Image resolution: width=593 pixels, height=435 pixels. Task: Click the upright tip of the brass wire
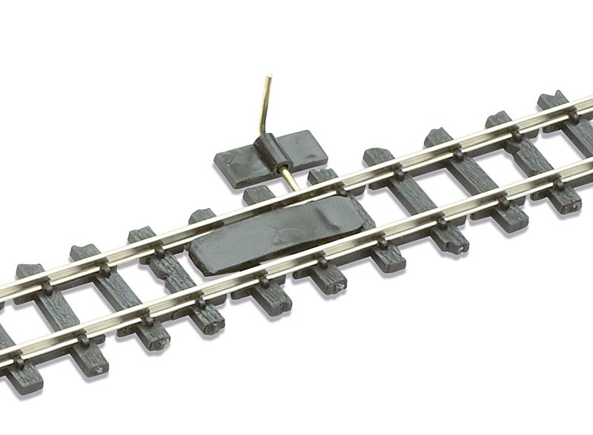269,75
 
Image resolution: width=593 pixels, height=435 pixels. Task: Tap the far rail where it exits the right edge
586,103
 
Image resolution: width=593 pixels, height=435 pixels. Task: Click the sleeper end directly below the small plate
256,194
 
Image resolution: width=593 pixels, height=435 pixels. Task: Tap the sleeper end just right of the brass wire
323,177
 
